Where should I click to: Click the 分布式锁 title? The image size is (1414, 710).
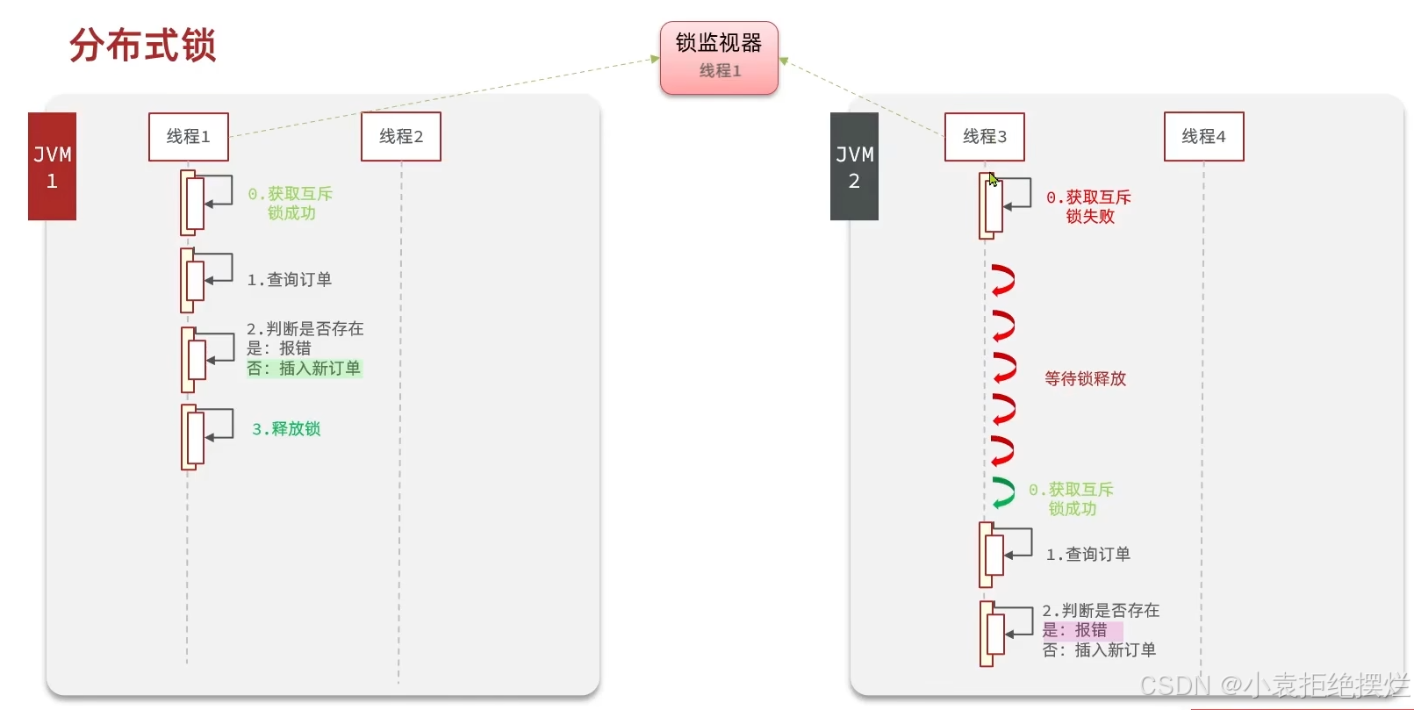(x=142, y=45)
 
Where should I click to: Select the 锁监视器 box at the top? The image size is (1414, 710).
(x=719, y=57)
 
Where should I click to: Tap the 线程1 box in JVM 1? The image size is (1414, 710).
(x=188, y=137)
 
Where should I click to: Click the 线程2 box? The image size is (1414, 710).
(x=401, y=137)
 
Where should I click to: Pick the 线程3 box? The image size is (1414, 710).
(x=984, y=137)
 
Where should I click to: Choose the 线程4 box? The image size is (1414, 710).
(x=1203, y=137)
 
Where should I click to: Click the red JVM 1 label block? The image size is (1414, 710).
(x=52, y=167)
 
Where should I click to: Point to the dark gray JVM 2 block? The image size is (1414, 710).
(x=854, y=167)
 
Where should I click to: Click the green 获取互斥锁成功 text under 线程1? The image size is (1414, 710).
(x=290, y=204)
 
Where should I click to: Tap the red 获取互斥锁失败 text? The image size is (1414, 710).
(x=1088, y=207)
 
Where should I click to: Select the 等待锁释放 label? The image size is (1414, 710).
(x=1085, y=379)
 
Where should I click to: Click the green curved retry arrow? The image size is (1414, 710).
(x=1002, y=492)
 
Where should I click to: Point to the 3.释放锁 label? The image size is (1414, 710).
(x=286, y=429)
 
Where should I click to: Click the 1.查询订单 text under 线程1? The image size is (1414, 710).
(x=290, y=280)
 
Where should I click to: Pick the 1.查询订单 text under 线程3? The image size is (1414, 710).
(x=1088, y=555)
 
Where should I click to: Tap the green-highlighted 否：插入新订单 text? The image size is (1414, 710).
(x=304, y=369)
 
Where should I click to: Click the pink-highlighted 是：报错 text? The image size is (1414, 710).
(x=1075, y=630)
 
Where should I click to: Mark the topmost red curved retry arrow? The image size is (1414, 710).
(x=1002, y=281)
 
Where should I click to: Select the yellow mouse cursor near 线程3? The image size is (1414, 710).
(x=993, y=180)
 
